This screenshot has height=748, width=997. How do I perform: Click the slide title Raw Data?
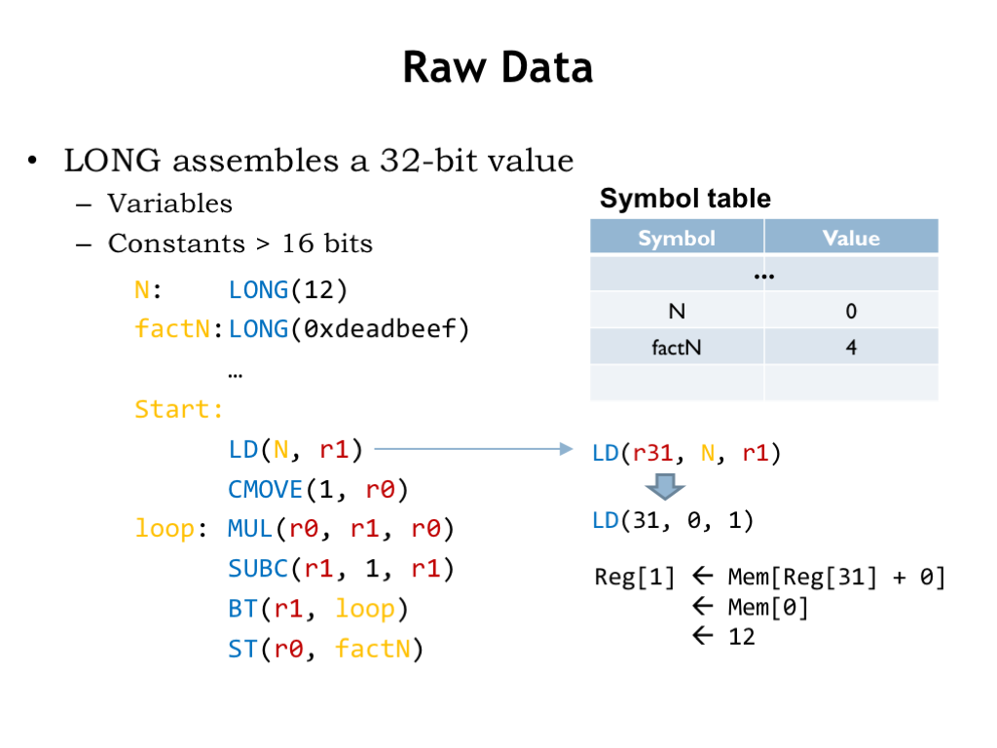coord(498,67)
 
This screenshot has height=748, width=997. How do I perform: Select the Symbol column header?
coord(677,238)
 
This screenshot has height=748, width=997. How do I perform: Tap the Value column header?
coord(851,238)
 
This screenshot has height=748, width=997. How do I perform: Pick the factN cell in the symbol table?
coord(677,348)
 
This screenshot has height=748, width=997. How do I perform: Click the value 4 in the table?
coord(851,348)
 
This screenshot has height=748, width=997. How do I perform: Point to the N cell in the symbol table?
coord(677,311)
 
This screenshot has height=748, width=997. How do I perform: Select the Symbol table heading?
coord(684,199)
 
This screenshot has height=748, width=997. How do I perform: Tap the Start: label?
coord(179,409)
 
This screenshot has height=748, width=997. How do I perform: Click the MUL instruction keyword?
coord(250,529)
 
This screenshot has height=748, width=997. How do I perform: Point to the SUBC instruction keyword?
coord(258,568)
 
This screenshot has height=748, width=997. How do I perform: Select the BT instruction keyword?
coord(242,609)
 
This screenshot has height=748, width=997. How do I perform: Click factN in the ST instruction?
coord(373,649)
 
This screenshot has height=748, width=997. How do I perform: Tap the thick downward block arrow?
coord(664,487)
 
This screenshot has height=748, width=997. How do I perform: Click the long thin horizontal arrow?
coord(474,449)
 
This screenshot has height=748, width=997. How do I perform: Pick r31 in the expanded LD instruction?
coord(653,453)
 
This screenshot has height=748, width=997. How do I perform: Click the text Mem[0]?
coord(768,608)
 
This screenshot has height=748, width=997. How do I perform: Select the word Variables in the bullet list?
coord(169,204)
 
